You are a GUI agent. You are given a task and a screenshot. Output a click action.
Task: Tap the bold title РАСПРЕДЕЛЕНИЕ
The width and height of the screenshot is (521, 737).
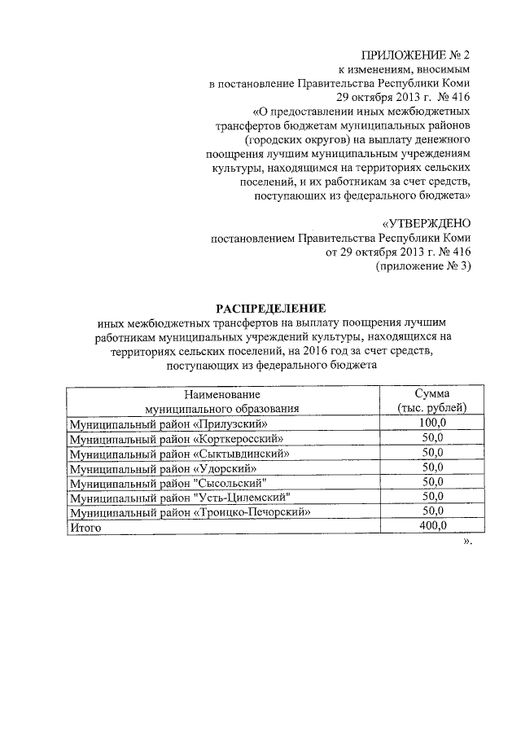269,308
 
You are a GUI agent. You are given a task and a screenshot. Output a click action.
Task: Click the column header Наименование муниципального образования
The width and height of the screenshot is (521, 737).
221,400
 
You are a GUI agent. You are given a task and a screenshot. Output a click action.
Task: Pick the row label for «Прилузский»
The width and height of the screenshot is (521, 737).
169,424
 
